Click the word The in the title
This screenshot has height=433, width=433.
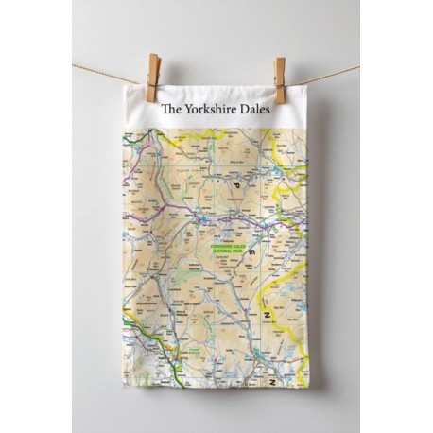[x=170, y=111]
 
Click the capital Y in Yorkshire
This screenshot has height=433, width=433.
[x=187, y=111]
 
